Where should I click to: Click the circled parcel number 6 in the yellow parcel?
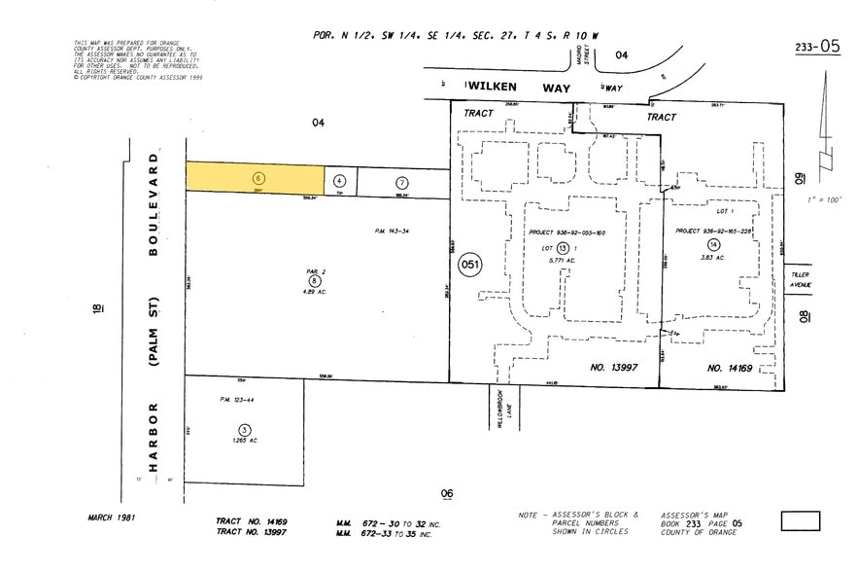[258, 178]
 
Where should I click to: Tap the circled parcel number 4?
[339, 181]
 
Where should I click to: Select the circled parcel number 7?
[402, 182]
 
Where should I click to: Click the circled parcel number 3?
[245, 430]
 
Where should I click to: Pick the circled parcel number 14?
[713, 243]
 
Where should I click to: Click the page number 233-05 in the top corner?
[816, 46]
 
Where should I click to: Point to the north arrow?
[826, 117]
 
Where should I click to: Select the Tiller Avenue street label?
[799, 280]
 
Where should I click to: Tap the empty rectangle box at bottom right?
[800, 521]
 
